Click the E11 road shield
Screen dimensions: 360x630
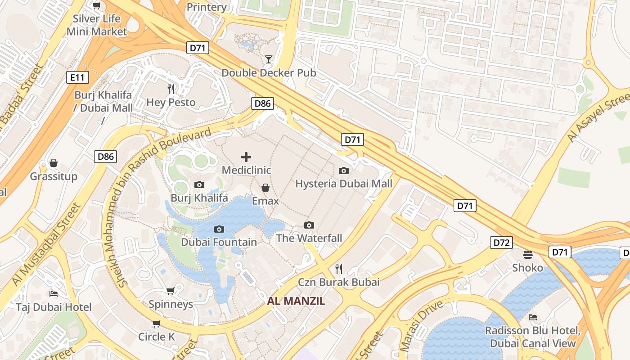tap(77, 77)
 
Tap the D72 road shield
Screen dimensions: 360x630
tap(501, 243)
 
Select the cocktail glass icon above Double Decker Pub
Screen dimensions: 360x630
tap(269, 59)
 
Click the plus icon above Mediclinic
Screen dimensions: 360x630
tap(246, 157)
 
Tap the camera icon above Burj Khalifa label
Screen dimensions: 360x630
tap(199, 184)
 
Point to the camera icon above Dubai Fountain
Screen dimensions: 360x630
tap(219, 229)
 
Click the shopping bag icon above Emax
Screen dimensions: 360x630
tap(265, 187)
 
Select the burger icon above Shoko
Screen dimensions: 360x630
tap(528, 255)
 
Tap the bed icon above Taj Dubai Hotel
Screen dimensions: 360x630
tap(54, 294)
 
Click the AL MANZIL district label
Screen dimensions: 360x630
tap(296, 301)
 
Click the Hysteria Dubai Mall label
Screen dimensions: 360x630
tap(344, 184)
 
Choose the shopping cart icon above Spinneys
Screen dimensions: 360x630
tap(171, 291)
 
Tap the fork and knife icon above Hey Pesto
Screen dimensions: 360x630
tap(171, 89)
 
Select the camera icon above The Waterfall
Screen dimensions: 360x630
tap(309, 225)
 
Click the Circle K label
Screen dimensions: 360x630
tap(156, 337)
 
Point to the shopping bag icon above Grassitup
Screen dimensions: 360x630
tap(54, 162)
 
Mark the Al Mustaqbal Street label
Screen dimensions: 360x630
tap(45, 245)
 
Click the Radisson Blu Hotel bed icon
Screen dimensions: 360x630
tap(533, 317)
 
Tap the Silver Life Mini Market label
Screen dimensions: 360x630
tap(97, 25)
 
